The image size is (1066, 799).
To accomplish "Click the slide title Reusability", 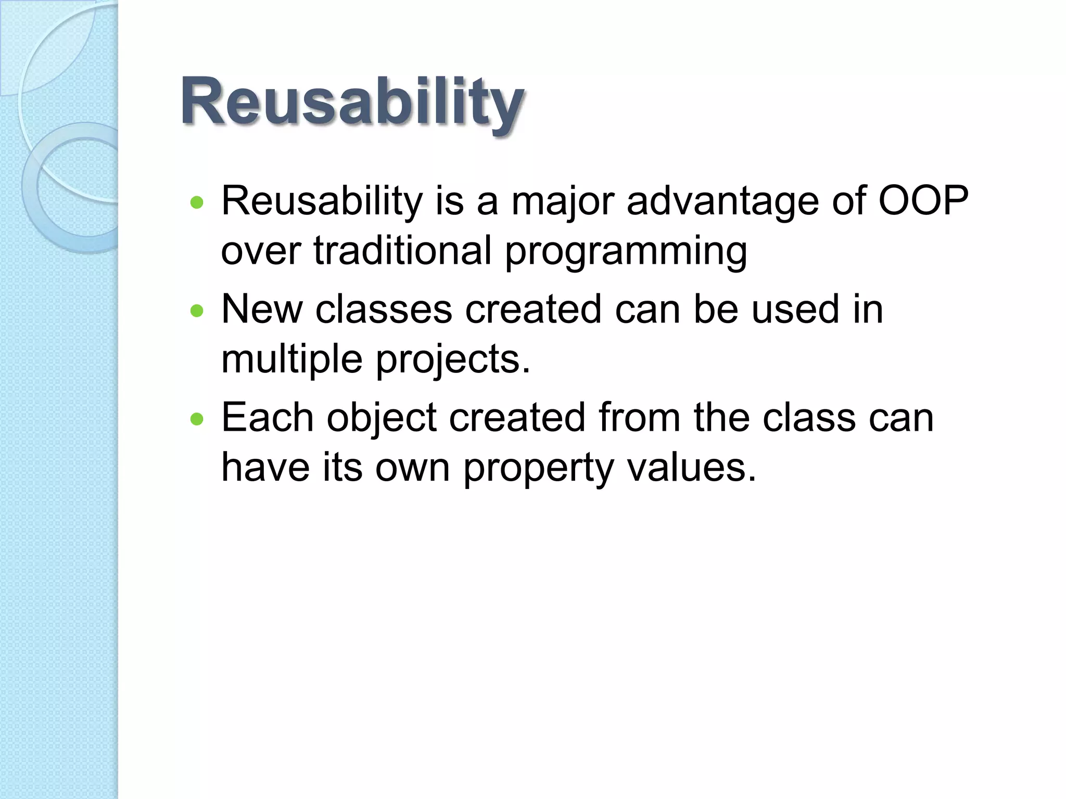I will click(352, 101).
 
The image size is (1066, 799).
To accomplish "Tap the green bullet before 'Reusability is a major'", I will click(197, 202).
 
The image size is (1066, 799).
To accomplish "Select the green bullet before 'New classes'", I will click(197, 311).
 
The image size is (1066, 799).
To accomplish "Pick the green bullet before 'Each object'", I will click(197, 419).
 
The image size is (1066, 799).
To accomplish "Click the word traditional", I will click(402, 251).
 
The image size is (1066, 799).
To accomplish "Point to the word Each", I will click(268, 418).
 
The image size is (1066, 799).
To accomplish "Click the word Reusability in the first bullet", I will click(322, 202).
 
